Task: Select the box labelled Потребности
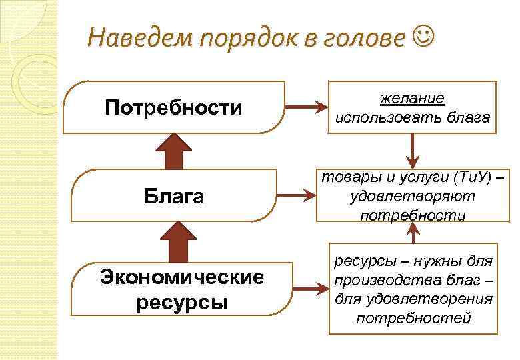coord(173,107)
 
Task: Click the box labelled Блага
coord(173,197)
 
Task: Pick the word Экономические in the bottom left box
coord(181,277)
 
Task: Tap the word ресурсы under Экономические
coord(181,302)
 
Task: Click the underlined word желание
coord(412,99)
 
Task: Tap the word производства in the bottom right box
coord(386,281)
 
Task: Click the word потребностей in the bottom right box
coord(413,318)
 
